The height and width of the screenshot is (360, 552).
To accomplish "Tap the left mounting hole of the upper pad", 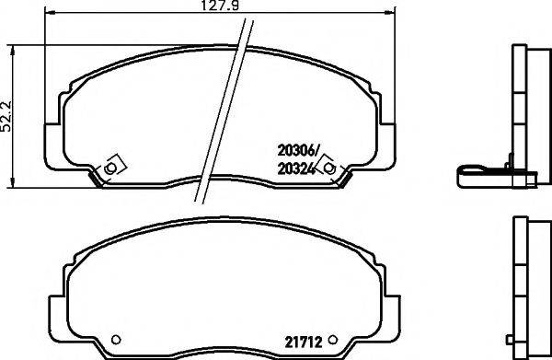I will click(x=110, y=168).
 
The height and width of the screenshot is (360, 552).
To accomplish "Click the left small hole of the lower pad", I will click(x=115, y=335).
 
